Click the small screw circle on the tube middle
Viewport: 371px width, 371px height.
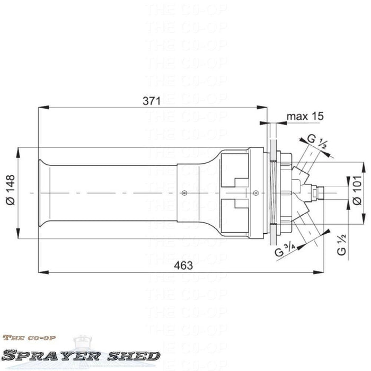pos(183,193)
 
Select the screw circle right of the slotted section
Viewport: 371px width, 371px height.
pos(256,193)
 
